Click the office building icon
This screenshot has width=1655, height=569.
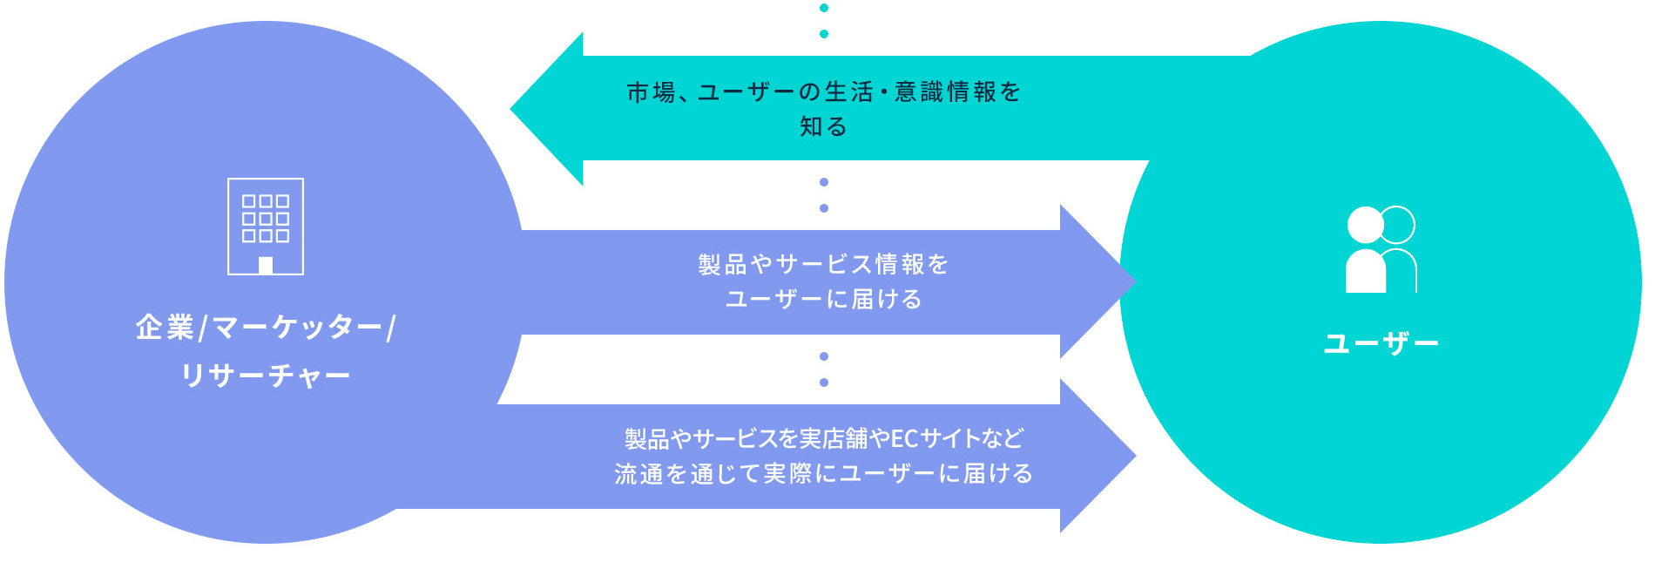266,227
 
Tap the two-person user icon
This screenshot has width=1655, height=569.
1381,249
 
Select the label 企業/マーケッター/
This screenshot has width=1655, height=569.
266,328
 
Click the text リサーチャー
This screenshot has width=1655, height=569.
266,376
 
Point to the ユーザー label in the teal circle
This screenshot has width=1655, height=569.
1381,343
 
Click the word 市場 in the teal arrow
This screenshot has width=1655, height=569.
651,92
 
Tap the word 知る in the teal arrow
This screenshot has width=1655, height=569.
823,127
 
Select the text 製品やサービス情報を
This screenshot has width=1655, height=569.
823,264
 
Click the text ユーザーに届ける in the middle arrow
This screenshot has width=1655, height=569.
823,300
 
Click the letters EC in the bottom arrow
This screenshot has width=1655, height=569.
904,438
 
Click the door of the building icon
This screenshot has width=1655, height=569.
266,266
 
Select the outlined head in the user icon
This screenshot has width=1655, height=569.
1399,224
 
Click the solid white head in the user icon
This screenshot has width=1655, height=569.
1365,226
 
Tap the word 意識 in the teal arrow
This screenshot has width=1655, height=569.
919,92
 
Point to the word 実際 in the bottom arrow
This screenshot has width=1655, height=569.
787,474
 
